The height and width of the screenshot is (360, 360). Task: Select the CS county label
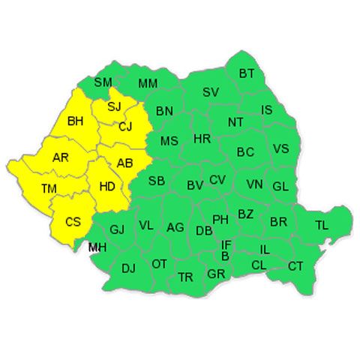click(x=73, y=221)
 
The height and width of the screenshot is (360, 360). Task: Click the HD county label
click(x=106, y=187)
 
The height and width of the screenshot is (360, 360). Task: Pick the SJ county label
click(x=114, y=106)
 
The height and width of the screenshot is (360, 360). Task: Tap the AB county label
click(x=124, y=162)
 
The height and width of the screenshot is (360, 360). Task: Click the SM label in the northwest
click(x=103, y=82)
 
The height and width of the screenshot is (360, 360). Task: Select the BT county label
click(x=247, y=73)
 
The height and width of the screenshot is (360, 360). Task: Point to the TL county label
click(x=321, y=225)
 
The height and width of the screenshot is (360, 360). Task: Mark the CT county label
click(x=295, y=265)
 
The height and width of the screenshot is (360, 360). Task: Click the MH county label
click(x=97, y=247)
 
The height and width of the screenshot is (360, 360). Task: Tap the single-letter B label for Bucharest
click(x=225, y=256)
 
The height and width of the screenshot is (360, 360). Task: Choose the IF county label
click(x=226, y=244)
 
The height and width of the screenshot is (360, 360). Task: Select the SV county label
click(x=211, y=93)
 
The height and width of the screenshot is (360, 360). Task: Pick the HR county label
click(x=202, y=139)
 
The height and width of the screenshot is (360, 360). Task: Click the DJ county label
click(x=128, y=267)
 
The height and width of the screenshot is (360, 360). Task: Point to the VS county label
click(x=280, y=148)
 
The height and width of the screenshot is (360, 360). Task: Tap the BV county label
click(x=195, y=184)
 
